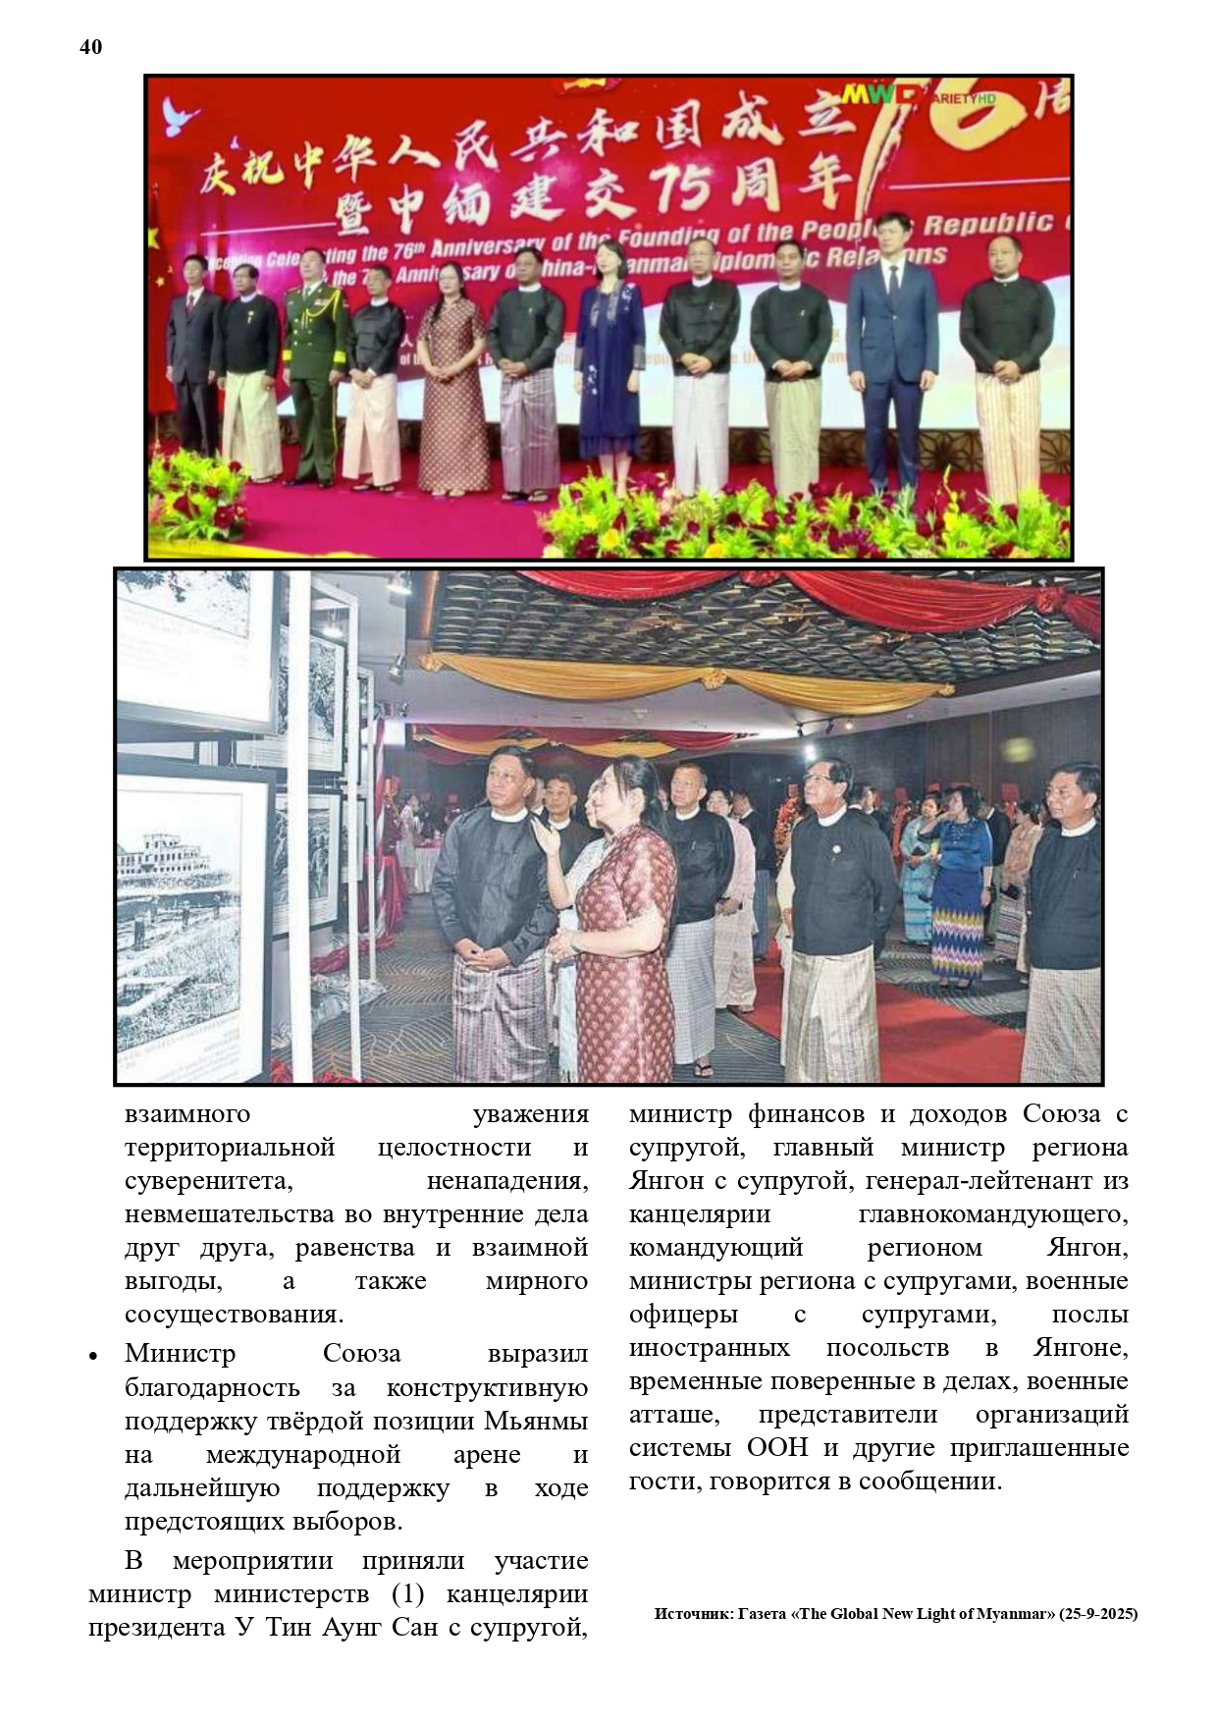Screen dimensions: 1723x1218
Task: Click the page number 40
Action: tap(90, 47)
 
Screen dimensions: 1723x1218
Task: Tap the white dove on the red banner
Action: tap(182, 116)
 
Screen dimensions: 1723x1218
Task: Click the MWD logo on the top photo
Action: tap(880, 95)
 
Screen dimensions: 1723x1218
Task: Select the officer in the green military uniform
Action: tap(316, 363)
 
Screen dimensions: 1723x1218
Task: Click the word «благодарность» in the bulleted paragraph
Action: tap(212, 1388)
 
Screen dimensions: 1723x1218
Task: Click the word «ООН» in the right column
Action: tap(777, 1448)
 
